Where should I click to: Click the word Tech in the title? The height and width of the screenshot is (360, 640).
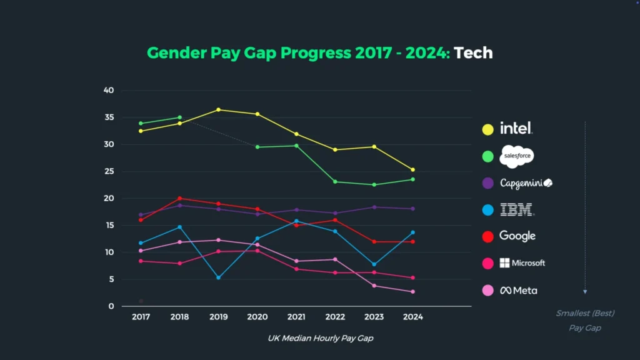(473, 53)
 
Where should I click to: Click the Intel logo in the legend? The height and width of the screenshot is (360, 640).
(516, 129)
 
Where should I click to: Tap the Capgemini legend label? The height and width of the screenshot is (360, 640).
(526, 183)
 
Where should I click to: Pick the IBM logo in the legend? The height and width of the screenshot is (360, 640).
(517, 210)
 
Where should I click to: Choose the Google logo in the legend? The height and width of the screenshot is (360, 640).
(517, 236)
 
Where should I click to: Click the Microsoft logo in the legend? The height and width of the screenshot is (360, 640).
(522, 263)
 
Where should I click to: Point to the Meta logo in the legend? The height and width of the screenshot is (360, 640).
(518, 291)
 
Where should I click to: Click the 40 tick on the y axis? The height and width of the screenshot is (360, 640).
(109, 91)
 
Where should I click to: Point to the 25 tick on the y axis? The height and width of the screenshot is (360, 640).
(109, 172)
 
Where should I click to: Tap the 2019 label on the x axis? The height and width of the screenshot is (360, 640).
(218, 317)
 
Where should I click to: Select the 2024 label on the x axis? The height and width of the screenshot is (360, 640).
(412, 317)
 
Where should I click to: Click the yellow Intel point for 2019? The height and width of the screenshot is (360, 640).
(218, 110)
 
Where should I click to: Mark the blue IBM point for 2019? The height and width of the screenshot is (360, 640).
(218, 277)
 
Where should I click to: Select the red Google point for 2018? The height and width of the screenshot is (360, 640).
(179, 199)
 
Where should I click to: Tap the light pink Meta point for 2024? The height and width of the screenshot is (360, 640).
(412, 292)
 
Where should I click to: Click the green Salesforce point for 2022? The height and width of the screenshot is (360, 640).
(335, 182)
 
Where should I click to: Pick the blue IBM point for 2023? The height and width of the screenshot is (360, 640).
(374, 264)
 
